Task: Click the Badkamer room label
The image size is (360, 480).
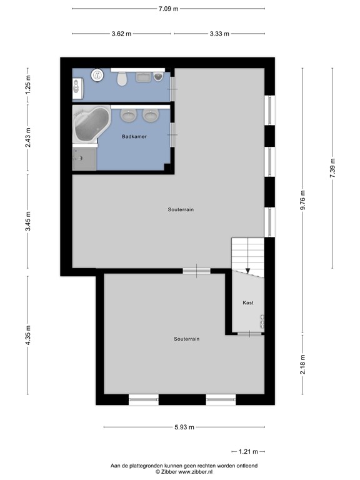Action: point(134,136)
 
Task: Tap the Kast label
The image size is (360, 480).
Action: point(248,302)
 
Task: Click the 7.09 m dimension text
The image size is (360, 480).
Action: point(168,9)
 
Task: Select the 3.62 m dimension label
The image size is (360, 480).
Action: point(121,34)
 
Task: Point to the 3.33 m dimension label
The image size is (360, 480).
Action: point(219,34)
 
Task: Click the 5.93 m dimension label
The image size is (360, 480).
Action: point(184,427)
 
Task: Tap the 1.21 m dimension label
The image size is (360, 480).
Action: point(248,451)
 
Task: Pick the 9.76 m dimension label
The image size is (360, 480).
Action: point(302,200)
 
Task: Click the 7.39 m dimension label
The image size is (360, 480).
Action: point(332,167)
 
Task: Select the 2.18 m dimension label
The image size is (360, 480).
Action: point(302,364)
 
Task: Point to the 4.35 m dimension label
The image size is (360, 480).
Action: point(28,335)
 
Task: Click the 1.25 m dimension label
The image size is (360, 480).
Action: point(28,84)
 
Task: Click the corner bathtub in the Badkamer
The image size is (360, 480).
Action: point(91,124)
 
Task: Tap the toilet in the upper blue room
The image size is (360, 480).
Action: point(122,78)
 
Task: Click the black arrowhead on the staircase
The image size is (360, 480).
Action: point(247,271)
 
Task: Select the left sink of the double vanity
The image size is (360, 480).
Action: point(128,115)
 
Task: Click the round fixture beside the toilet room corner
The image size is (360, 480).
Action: point(97,75)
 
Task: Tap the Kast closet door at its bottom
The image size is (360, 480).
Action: point(249,334)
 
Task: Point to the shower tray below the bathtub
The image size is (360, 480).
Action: point(84,159)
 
